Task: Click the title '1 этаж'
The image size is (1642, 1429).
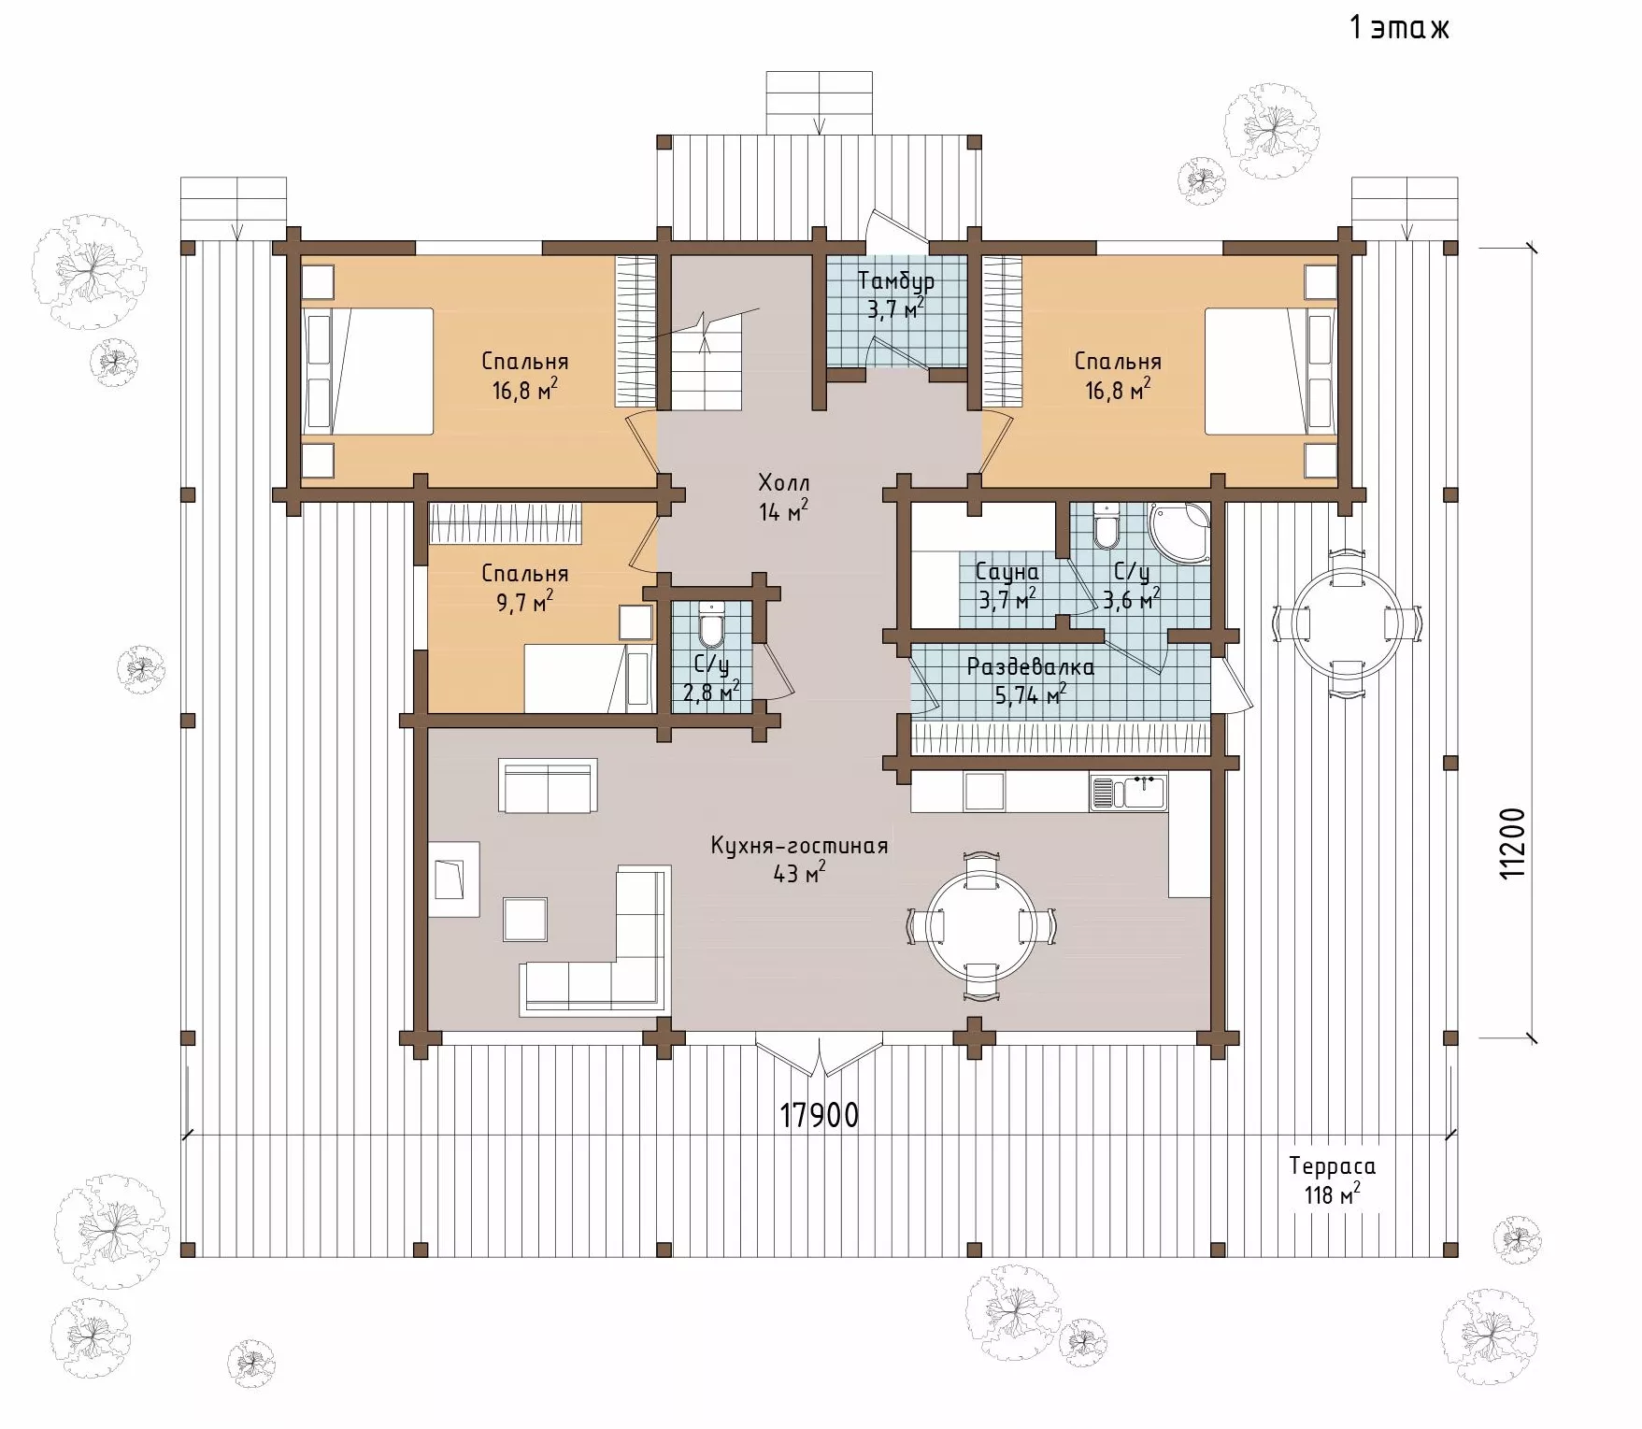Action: pyautogui.click(x=1398, y=27)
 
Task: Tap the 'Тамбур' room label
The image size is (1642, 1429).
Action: pyautogui.click(x=895, y=281)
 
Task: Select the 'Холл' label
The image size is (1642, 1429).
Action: pyautogui.click(x=783, y=483)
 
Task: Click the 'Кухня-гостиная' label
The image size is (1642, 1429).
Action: pyautogui.click(x=798, y=846)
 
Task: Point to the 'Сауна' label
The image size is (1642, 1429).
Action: pyautogui.click(x=1007, y=571)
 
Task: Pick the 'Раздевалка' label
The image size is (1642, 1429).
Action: pyautogui.click(x=1030, y=667)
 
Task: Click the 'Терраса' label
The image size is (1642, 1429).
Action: pyautogui.click(x=1332, y=1165)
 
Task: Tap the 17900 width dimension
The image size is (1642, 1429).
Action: pyautogui.click(x=819, y=1115)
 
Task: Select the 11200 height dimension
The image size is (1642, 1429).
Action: pyautogui.click(x=1511, y=842)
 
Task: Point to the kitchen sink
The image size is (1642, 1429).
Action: pyautogui.click(x=1128, y=793)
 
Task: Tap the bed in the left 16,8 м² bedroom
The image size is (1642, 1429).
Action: pyautogui.click(x=367, y=371)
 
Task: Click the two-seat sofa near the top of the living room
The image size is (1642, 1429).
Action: pyautogui.click(x=548, y=787)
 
